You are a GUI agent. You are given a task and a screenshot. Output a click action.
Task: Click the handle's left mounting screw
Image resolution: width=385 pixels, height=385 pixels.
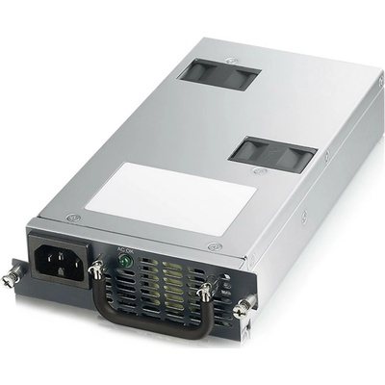coord(97,274)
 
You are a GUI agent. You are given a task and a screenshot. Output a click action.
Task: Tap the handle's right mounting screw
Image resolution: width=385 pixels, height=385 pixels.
coord(205,292)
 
